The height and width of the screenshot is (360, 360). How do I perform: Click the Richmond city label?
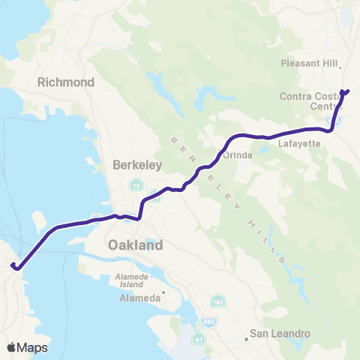point(68,81)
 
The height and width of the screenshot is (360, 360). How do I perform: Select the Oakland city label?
point(135,245)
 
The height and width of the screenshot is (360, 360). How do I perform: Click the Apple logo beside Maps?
point(10,347)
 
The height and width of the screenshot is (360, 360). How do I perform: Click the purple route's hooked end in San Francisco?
point(13,265)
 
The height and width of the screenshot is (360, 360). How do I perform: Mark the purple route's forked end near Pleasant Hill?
point(346,91)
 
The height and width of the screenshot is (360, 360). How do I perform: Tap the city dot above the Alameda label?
point(163,292)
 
